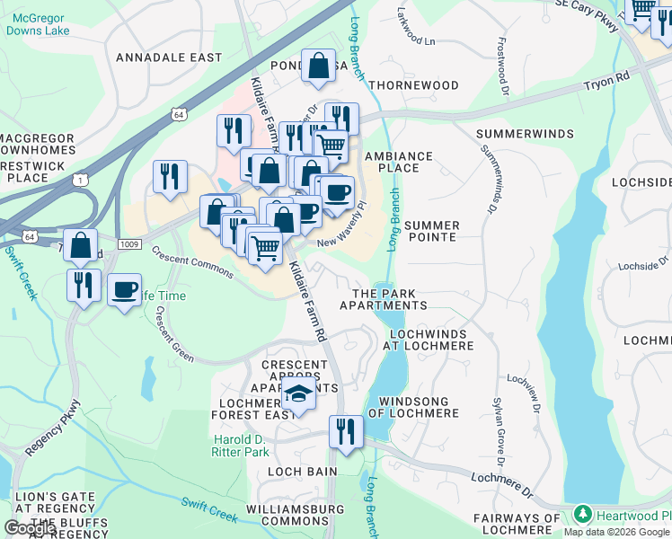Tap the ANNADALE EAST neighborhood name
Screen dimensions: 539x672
pos(169,57)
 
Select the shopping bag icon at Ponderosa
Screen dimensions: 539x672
pos(318,66)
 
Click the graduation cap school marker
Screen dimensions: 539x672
pos(298,393)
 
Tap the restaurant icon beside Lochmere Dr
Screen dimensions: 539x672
pos(346,431)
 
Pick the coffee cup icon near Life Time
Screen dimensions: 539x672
pos(124,289)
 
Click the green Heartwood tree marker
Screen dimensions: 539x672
pos(582,515)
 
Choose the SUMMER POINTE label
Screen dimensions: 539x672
pos(430,231)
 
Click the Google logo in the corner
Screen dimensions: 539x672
pos(30,528)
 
